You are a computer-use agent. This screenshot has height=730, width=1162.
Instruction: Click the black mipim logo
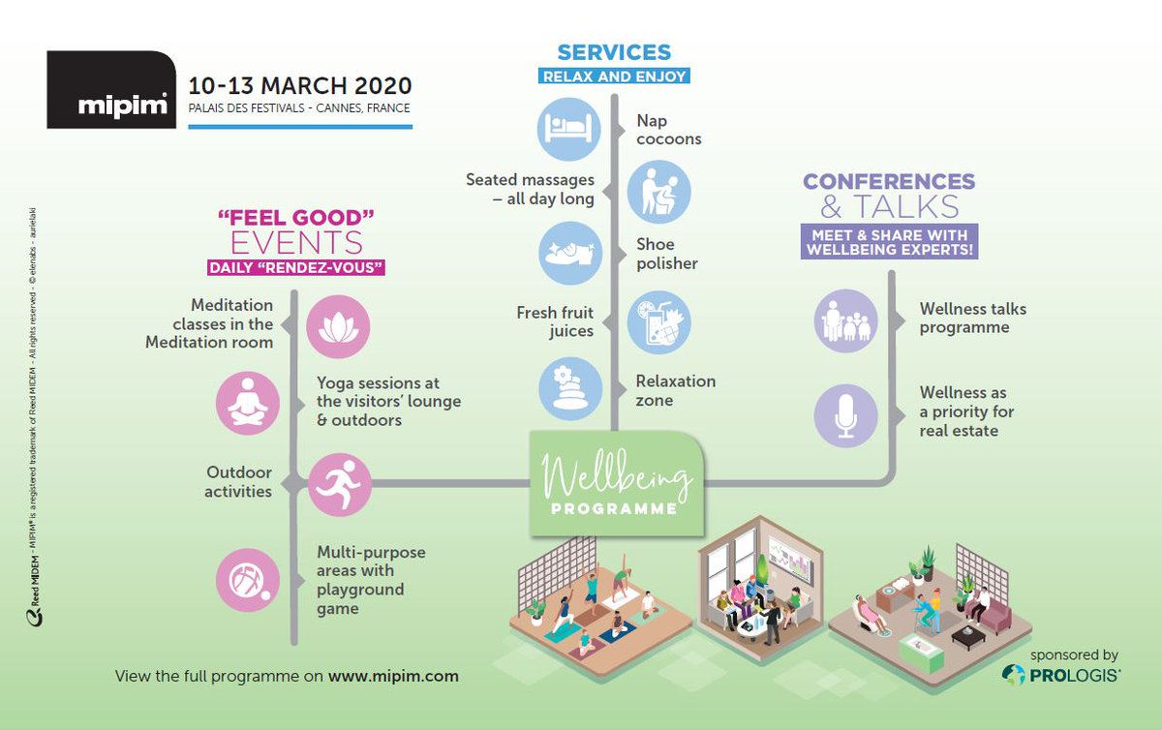110,89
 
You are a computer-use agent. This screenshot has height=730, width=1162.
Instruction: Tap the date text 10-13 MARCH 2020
300,84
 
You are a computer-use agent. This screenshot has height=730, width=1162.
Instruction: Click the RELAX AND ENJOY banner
614,76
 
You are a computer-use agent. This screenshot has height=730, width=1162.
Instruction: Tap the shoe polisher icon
569,254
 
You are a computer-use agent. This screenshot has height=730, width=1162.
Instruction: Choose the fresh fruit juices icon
658,320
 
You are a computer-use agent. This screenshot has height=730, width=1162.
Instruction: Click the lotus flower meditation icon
338,326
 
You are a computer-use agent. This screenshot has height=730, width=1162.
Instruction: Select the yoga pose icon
248,403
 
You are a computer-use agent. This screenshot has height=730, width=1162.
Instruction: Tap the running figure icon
338,482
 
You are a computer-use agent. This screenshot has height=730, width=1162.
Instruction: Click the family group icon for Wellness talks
845,320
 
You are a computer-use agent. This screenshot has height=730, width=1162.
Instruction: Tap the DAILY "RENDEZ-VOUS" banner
295,267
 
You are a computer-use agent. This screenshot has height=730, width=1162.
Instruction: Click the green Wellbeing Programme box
616,484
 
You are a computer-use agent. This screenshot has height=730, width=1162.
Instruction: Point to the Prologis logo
1061,675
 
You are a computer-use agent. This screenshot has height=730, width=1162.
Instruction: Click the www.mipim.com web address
393,676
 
